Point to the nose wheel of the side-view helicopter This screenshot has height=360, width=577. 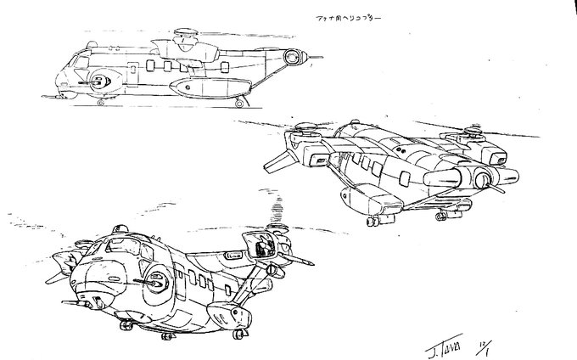click(x=102, y=103)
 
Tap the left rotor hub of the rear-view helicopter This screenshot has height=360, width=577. click(x=303, y=131)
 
